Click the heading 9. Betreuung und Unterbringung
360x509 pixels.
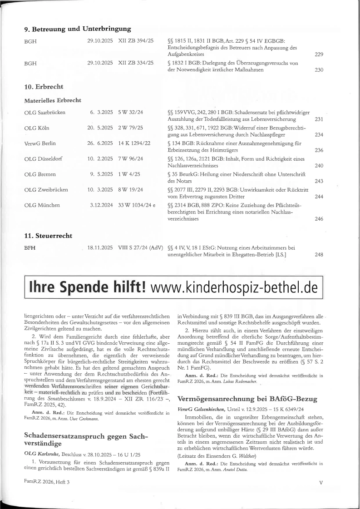coord(78,29)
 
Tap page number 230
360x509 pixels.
coord(319,70)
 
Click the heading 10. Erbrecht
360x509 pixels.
coord(44,87)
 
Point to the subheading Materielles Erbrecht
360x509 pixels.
coord(53,100)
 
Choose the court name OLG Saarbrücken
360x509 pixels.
coord(45,112)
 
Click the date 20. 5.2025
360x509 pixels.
coord(100,128)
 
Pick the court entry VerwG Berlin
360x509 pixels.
coord(40,143)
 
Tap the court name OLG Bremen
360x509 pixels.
coord(41,175)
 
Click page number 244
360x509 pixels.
coord(319,197)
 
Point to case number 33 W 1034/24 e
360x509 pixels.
coord(137,205)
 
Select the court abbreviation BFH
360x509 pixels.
coord(30,248)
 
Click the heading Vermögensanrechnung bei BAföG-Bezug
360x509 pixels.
coord(247,399)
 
